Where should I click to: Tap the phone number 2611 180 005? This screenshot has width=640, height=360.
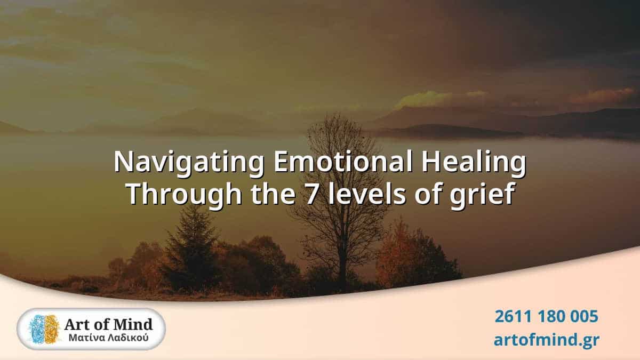tap(546, 316)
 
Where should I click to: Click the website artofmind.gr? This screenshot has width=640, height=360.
tap(546, 340)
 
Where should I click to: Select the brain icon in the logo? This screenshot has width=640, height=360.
tap(44, 329)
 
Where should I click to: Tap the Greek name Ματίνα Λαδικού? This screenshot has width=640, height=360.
tap(109, 338)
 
